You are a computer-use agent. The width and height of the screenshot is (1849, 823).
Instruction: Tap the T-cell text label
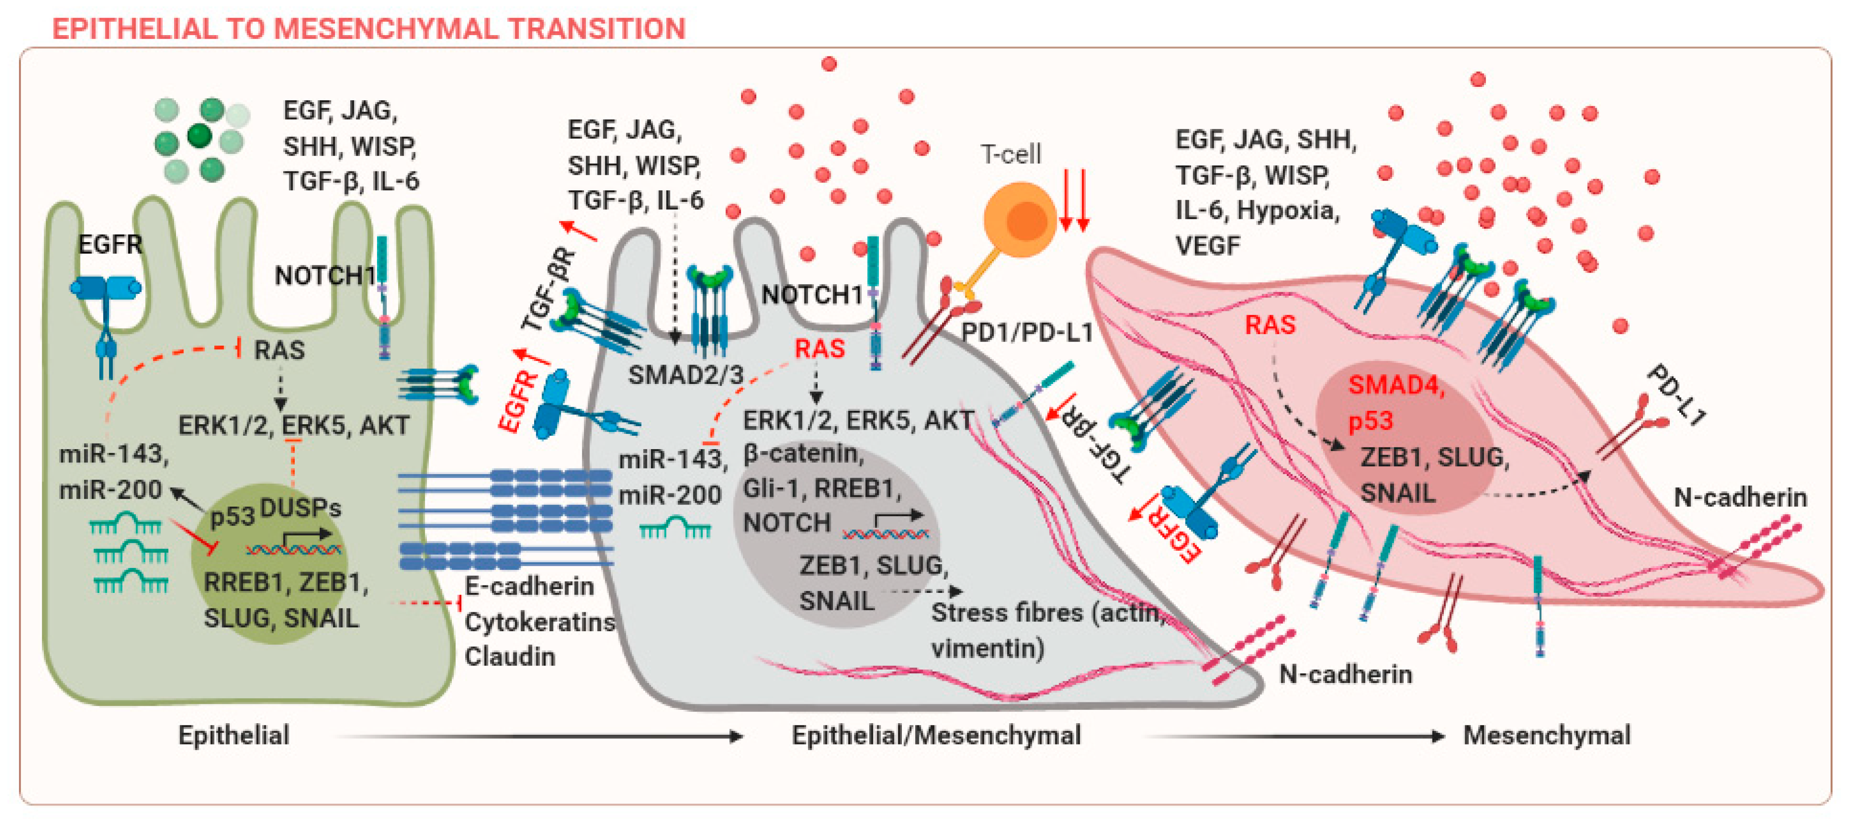pos(1010,154)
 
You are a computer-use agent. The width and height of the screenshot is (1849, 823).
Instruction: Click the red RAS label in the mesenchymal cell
pos(1269,324)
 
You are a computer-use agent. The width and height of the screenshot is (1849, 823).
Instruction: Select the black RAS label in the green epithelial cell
pos(279,350)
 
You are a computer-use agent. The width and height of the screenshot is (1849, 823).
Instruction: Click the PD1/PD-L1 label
pos(1027,333)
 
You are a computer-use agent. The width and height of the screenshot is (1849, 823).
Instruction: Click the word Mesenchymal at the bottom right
pos(1546,735)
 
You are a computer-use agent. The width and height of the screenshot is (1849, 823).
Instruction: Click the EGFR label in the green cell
pos(110,245)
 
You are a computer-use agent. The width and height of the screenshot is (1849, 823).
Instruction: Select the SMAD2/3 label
pos(686,375)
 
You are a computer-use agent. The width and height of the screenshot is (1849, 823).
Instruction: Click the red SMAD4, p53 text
pos(1395,402)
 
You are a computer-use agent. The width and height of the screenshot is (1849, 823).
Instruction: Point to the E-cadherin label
pos(529,586)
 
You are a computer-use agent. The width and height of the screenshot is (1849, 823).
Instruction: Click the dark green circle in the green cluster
pos(200,135)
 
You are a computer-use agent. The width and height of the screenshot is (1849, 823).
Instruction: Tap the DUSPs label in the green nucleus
pos(300,508)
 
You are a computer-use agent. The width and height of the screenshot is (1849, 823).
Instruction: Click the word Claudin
pos(510,656)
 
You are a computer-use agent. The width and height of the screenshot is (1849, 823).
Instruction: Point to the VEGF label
pos(1207,246)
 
